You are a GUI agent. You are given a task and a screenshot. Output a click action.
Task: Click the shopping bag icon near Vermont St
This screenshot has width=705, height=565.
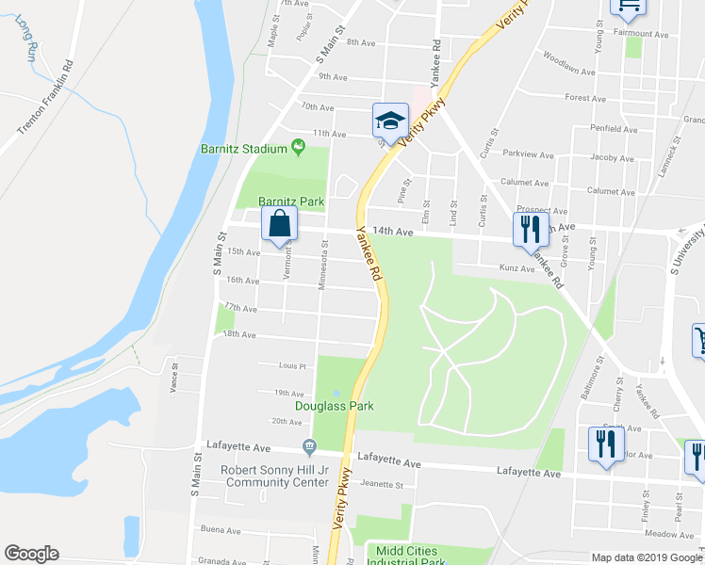[280, 224]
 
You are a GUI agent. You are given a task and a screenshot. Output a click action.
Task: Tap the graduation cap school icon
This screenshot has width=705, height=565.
[388, 120]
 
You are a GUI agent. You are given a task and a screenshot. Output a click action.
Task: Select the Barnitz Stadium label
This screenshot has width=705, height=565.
[243, 149]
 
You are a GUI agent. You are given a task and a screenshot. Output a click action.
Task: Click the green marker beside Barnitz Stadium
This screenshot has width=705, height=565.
[298, 146]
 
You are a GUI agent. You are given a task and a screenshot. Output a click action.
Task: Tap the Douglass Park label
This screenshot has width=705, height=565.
[335, 406]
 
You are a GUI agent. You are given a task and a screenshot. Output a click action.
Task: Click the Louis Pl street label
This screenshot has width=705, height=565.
[292, 365]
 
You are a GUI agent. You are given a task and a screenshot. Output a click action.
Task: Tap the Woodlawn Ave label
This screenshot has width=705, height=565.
[569, 70]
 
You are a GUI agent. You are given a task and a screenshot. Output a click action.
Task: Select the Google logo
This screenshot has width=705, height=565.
[31, 554]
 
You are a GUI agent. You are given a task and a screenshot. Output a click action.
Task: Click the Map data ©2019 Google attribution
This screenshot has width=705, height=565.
[647, 557]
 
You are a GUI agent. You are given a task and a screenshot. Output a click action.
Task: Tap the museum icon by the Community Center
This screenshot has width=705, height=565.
[308, 445]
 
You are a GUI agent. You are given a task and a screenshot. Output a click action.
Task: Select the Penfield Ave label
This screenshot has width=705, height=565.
[614, 128]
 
